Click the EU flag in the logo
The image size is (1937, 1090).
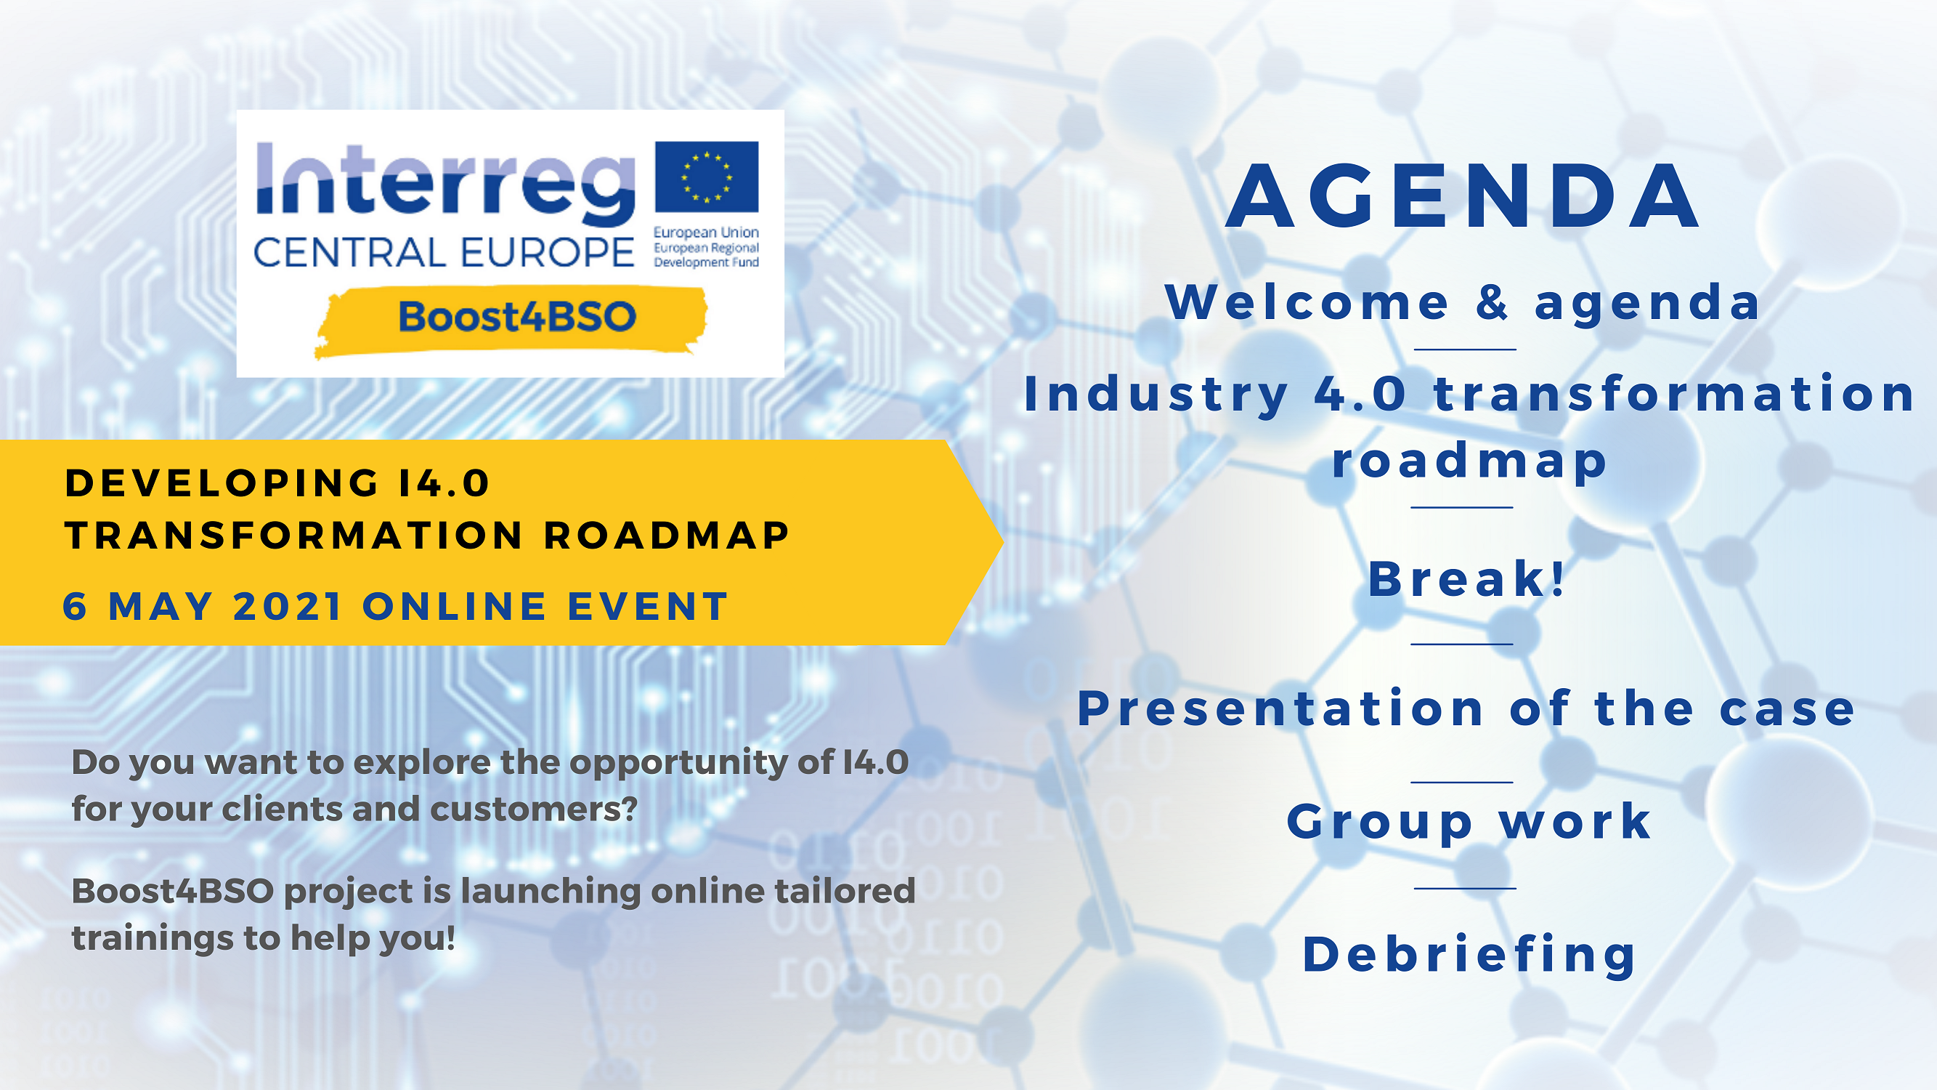click(x=707, y=177)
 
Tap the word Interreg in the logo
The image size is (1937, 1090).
click(x=446, y=185)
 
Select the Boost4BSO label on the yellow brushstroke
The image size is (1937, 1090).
click(x=517, y=317)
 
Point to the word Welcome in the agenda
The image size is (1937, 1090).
click(x=1307, y=302)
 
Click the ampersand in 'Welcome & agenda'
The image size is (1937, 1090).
click(x=1492, y=302)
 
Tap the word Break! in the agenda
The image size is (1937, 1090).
click(x=1466, y=579)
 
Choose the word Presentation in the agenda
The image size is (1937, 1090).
click(x=1280, y=708)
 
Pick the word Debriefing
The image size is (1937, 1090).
click(x=1469, y=956)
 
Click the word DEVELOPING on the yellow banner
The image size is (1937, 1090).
click(x=222, y=483)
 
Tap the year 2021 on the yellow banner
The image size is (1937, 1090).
click(x=288, y=606)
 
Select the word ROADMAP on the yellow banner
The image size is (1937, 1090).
click(x=666, y=536)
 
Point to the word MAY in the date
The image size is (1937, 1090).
click(x=161, y=606)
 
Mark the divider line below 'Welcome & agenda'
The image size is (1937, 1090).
click(x=1465, y=350)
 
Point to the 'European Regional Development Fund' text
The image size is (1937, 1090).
click(x=706, y=255)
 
